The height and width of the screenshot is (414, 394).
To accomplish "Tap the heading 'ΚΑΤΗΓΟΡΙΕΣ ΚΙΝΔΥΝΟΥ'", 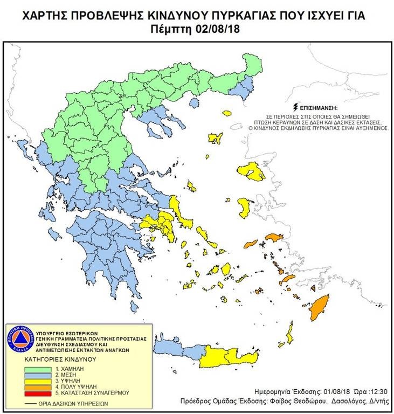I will [60, 358].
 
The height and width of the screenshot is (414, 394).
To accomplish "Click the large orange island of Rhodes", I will [322, 308].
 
